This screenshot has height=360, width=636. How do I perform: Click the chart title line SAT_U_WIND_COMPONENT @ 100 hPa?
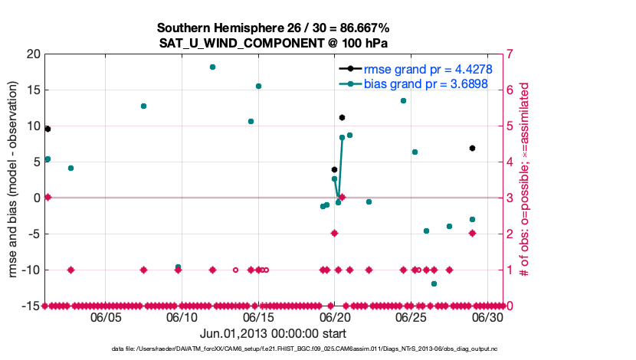click(x=274, y=43)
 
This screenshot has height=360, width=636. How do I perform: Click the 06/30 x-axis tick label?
click(x=487, y=316)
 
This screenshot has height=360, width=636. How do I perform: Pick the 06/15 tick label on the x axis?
click(x=258, y=316)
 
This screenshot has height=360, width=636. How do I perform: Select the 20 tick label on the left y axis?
click(x=32, y=54)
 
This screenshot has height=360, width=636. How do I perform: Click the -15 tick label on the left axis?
click(x=30, y=306)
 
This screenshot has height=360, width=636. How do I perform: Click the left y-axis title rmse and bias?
click(x=13, y=180)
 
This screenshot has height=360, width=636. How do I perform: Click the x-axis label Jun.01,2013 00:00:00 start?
click(x=273, y=333)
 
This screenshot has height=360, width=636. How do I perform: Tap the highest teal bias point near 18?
click(x=212, y=67)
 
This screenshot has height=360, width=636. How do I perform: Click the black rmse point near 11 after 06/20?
click(x=342, y=117)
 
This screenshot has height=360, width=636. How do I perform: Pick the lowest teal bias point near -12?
click(x=434, y=283)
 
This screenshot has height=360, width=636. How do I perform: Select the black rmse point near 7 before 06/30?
click(x=472, y=148)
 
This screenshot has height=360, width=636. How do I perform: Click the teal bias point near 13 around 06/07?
click(x=143, y=106)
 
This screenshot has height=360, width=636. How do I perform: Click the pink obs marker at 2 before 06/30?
click(x=472, y=233)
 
